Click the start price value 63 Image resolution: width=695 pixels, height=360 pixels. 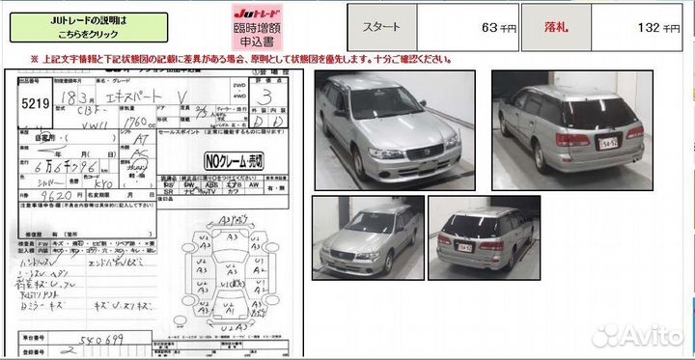coord(453,27)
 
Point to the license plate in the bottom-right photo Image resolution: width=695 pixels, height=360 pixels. coord(464,248)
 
